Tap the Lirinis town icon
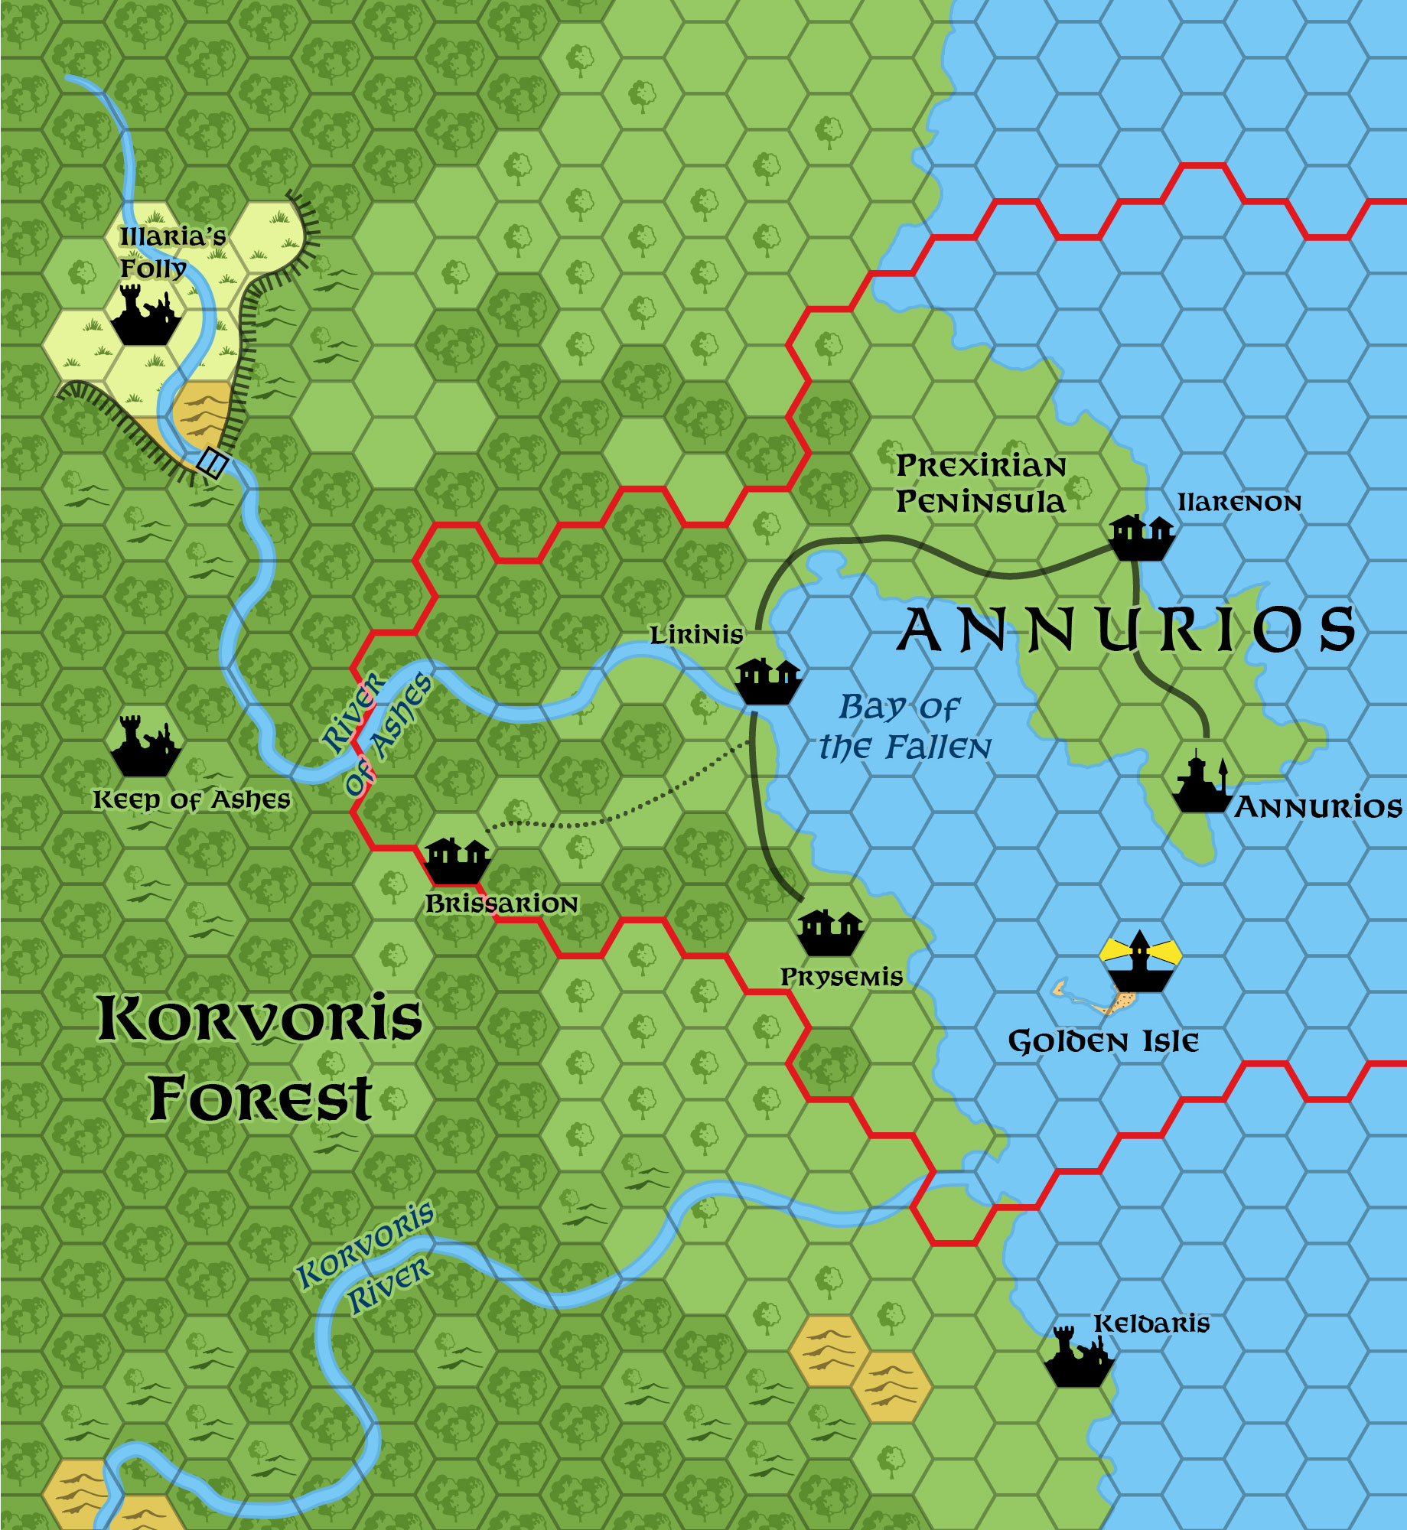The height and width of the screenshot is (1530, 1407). tap(767, 681)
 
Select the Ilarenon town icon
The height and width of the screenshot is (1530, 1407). tap(1142, 537)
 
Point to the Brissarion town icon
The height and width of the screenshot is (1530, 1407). tap(457, 861)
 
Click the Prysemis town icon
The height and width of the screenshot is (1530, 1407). tap(830, 933)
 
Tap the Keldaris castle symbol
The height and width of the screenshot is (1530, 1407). tap(1079, 1358)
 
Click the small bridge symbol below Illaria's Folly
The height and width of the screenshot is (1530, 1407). tap(212, 463)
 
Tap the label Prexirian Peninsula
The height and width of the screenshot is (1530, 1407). tap(981, 483)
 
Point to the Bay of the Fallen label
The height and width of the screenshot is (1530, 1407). tap(904, 728)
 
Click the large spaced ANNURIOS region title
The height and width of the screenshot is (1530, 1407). tap(1125, 630)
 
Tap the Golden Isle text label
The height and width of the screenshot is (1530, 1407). tap(1103, 1042)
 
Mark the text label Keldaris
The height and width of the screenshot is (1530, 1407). tap(1151, 1323)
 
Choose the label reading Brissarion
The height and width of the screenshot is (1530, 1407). tap(502, 904)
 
